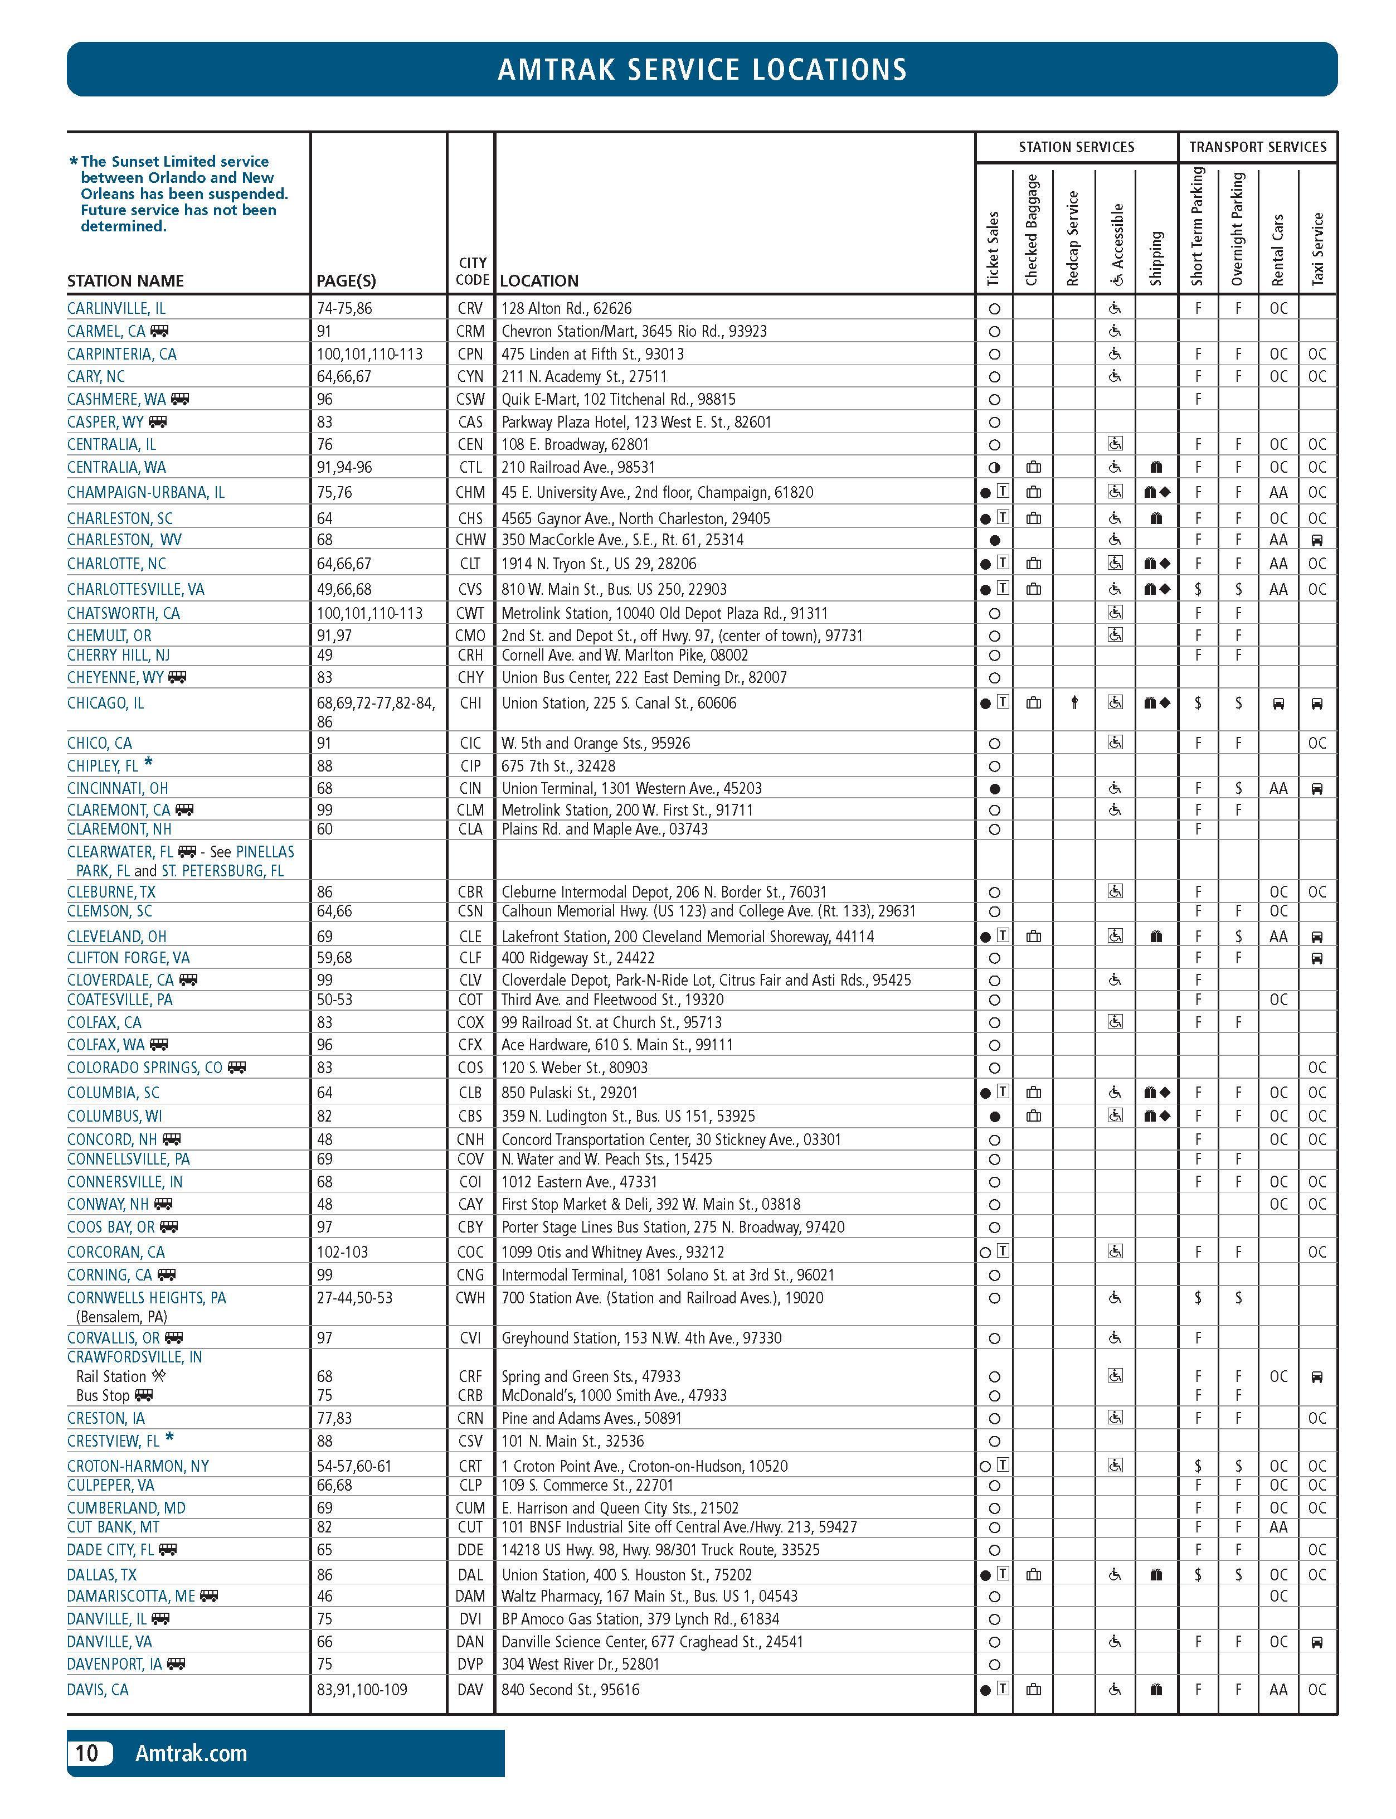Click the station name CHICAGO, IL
pyautogui.click(x=105, y=703)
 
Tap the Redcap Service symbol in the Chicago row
pyautogui.click(x=1074, y=703)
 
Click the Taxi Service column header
pyautogui.click(x=1317, y=249)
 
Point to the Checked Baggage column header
pyautogui.click(x=1032, y=230)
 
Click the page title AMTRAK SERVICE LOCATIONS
pyautogui.click(x=702, y=69)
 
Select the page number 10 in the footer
pyautogui.click(x=87, y=1753)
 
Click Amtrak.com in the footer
pyautogui.click(x=191, y=1753)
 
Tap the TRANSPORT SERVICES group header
pyautogui.click(x=1257, y=147)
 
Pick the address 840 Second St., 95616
pyautogui.click(x=571, y=1689)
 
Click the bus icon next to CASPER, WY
pyautogui.click(x=158, y=422)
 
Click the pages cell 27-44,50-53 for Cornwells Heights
pyautogui.click(x=367, y=1297)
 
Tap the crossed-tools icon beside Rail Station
pyautogui.click(x=159, y=1376)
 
